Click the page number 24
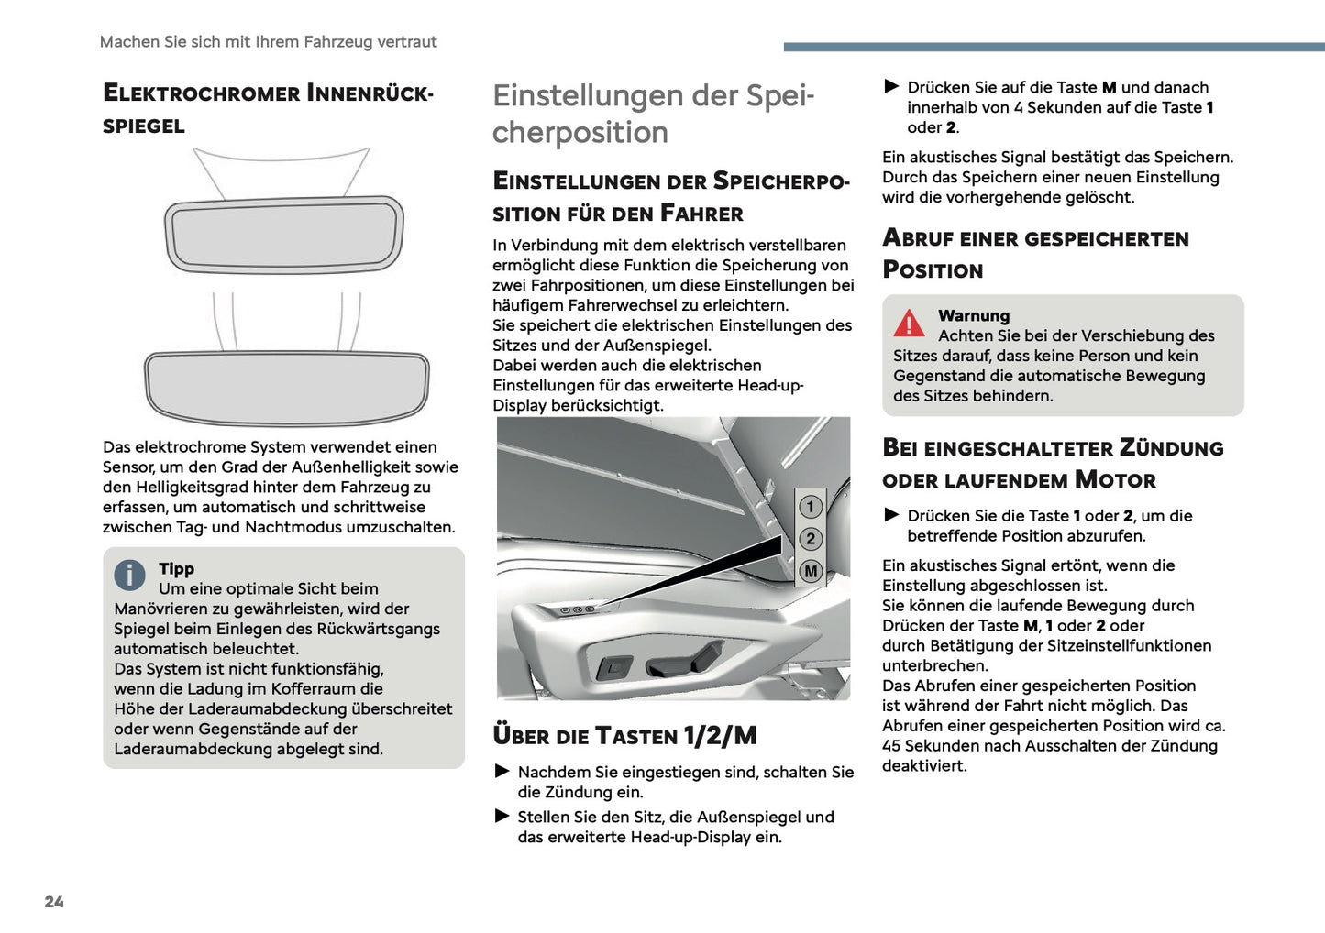click(54, 902)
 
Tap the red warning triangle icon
click(909, 324)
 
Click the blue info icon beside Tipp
click(130, 575)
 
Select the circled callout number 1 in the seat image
click(810, 507)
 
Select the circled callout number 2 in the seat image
click(810, 539)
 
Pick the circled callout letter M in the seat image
click(810, 571)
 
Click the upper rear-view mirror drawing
click(284, 234)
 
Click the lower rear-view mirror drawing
click(286, 388)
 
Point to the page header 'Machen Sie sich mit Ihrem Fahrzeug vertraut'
click(268, 42)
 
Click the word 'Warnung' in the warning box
click(973, 315)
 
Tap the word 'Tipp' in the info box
click(176, 568)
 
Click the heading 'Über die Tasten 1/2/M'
click(624, 736)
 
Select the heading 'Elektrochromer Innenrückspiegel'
click(267, 109)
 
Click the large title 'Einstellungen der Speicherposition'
click(652, 114)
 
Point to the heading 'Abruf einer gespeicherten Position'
click(1034, 254)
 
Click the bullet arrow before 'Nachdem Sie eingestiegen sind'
click(502, 772)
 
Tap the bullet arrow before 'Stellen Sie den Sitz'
click(502, 816)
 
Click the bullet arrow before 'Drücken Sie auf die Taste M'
click(891, 87)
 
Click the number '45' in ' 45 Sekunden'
click(892, 746)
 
